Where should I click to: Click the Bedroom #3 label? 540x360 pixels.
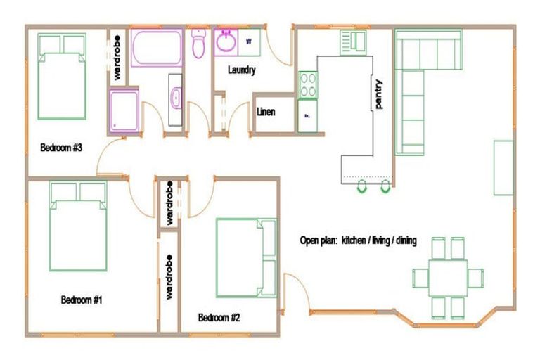[62, 148]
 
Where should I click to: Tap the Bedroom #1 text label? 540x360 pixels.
[82, 300]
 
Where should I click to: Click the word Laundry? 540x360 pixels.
[241, 70]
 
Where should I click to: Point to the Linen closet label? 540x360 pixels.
[266, 112]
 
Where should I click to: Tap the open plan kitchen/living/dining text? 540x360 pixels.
[358, 240]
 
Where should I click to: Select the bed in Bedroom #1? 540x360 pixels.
[77, 226]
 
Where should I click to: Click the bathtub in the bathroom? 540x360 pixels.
[157, 48]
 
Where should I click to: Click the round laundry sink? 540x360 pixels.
[227, 42]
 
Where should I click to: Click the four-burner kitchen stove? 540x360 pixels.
[307, 85]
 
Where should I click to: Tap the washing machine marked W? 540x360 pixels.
[249, 41]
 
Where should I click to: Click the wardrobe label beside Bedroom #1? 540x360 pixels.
[169, 277]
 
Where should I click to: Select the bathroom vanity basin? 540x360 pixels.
[176, 97]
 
